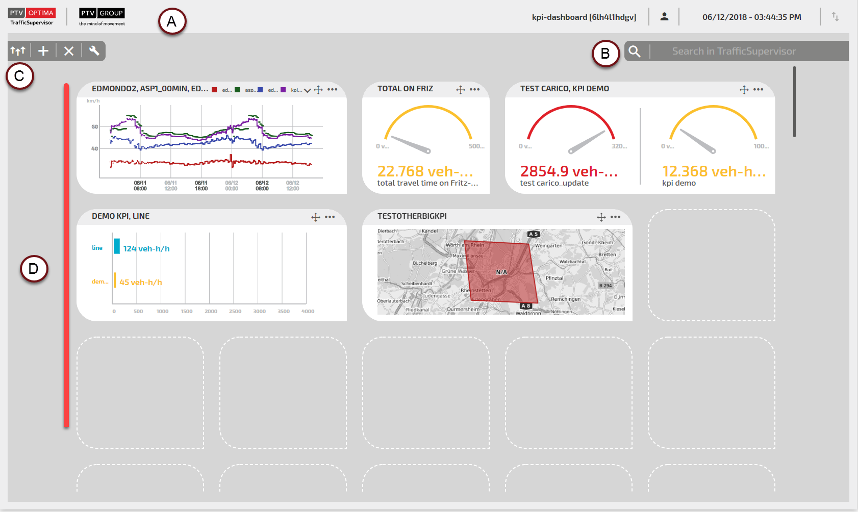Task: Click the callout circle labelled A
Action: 172,21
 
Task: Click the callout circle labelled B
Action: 605,53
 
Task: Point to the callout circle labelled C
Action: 19,76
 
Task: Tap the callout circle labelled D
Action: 34,269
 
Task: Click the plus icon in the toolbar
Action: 43,51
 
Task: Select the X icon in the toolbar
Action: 69,51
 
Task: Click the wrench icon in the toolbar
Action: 94,50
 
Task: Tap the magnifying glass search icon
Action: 635,52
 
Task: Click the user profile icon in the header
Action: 664,17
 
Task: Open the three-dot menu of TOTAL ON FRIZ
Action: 475,89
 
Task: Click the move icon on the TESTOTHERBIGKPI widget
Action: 601,217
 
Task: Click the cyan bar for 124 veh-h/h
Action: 117,246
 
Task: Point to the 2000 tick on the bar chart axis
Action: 211,311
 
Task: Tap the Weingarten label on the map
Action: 548,246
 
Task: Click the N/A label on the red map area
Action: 501,272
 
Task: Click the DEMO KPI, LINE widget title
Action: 121,216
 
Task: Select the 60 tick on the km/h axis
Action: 95,127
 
